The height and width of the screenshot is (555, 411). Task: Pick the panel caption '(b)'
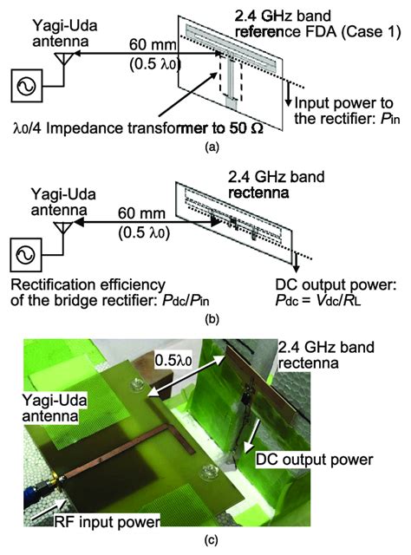205,315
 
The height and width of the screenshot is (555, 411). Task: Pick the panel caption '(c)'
205,543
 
